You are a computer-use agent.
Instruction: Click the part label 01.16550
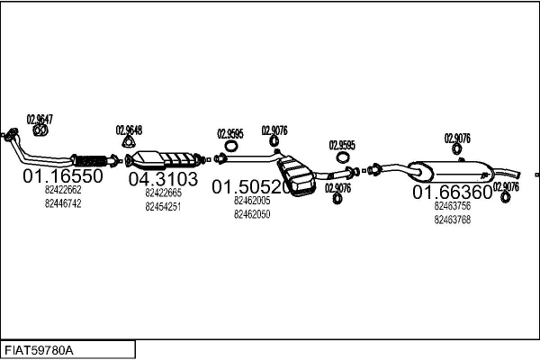(x=63, y=176)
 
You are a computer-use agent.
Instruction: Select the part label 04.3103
(x=163, y=178)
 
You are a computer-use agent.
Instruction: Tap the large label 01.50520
(x=251, y=187)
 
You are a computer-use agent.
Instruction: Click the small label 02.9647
(x=40, y=119)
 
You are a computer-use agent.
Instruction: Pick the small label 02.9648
(x=129, y=129)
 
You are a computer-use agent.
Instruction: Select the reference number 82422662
(x=63, y=190)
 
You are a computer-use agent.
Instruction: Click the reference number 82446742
(x=63, y=203)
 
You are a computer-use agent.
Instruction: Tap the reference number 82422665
(x=163, y=192)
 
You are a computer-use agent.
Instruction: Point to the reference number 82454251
(x=163, y=206)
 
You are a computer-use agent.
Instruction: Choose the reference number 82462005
(x=252, y=201)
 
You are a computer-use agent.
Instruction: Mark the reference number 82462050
(x=252, y=214)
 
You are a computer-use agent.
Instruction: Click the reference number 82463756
(x=453, y=206)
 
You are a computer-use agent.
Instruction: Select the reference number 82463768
(x=453, y=220)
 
